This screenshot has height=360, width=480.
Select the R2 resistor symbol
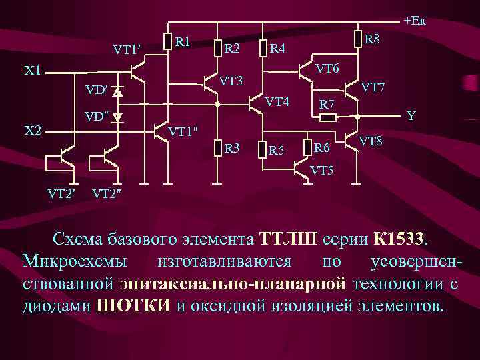pos(217,47)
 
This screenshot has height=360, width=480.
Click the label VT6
pos(327,68)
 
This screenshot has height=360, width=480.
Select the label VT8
pos(371,141)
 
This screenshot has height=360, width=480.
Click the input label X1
pos(32,70)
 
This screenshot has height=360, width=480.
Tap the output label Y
pos(411,116)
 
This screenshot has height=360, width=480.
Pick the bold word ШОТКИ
pos(133,306)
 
